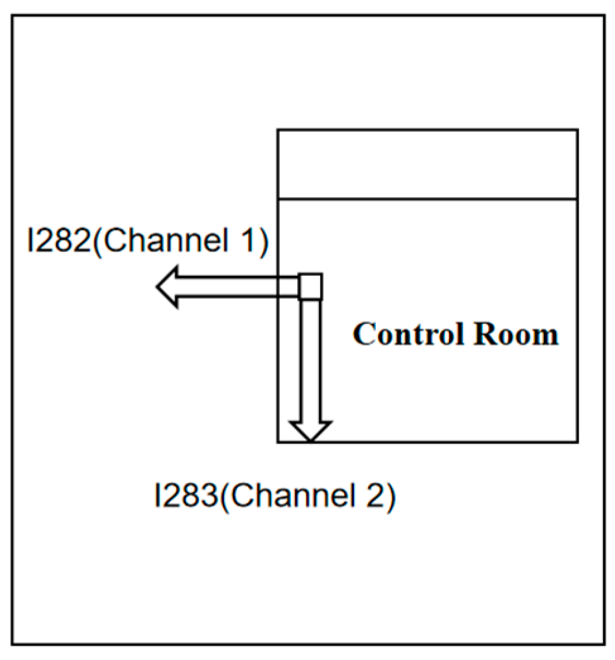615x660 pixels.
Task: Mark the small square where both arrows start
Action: tap(310, 286)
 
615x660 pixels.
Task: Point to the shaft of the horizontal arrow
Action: tap(240, 287)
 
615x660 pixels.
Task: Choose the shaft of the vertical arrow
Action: tap(310, 360)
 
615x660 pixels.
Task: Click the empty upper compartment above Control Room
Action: tap(427, 164)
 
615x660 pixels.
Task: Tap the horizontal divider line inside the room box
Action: tap(427, 200)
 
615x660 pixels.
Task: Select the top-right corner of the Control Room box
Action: tap(577, 130)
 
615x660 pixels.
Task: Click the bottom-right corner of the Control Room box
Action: tap(577, 441)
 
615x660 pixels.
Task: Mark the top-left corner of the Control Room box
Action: tap(278, 130)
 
